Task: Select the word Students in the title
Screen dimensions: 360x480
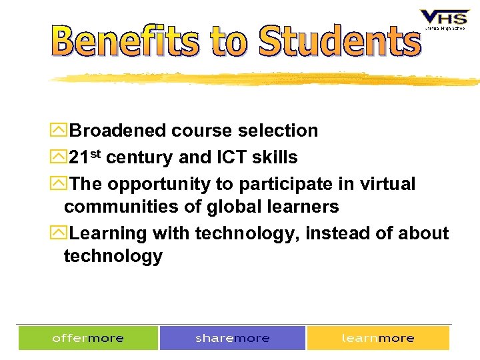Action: click(339, 41)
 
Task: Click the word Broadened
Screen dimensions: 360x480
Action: click(117, 131)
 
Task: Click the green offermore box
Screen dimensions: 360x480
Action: click(88, 338)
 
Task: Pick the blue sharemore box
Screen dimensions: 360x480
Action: click(233, 338)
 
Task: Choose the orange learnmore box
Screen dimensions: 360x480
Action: click(378, 338)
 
